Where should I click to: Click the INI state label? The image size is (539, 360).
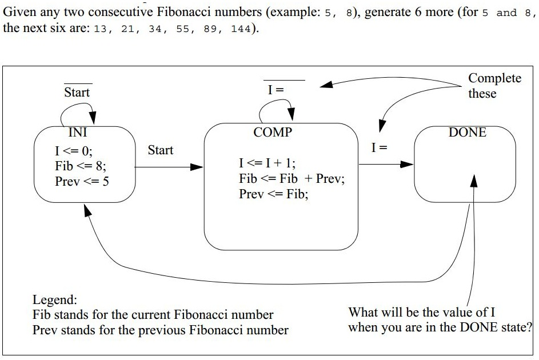(78, 133)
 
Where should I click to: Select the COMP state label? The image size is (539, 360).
(273, 133)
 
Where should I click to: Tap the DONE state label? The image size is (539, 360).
(468, 133)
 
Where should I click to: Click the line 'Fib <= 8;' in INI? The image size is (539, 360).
(80, 166)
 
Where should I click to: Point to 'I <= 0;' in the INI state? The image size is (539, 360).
(73, 151)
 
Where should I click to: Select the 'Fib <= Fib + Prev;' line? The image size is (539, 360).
(292, 178)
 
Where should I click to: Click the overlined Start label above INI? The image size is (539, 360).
(77, 93)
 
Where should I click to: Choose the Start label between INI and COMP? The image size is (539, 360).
(160, 150)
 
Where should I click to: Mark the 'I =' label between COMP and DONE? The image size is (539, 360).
(379, 148)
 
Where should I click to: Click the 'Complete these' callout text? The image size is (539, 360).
(494, 86)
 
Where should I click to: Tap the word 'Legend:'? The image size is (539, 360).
(55, 300)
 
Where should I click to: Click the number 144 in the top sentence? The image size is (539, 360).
(241, 29)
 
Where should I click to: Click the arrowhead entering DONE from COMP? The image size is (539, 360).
(407, 165)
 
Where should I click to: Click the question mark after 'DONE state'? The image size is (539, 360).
(529, 328)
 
